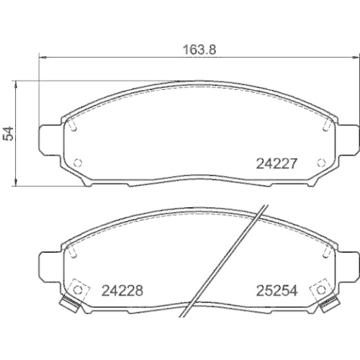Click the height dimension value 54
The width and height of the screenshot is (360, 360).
(9, 132)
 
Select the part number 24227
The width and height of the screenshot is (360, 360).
(277, 163)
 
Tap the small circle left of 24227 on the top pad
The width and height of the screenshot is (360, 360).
(80, 162)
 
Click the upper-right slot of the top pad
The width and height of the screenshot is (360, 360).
(325, 124)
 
